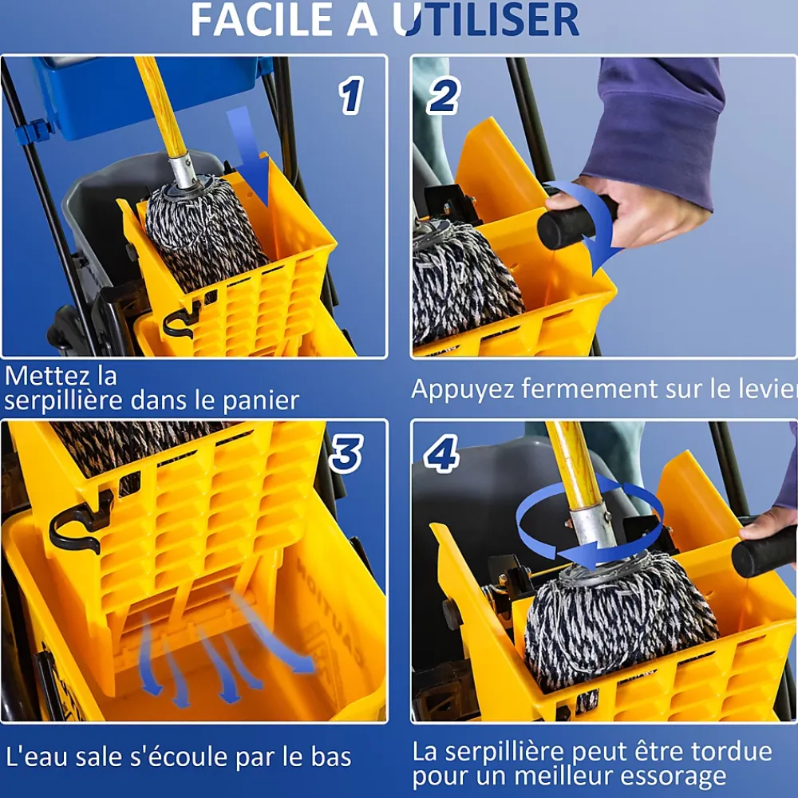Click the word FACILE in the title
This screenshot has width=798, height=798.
[261, 19]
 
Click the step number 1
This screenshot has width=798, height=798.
[351, 95]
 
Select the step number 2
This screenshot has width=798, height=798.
[443, 95]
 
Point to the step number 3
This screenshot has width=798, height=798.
[346, 453]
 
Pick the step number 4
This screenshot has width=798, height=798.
[442, 453]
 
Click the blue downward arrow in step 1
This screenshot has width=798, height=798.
[249, 156]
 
